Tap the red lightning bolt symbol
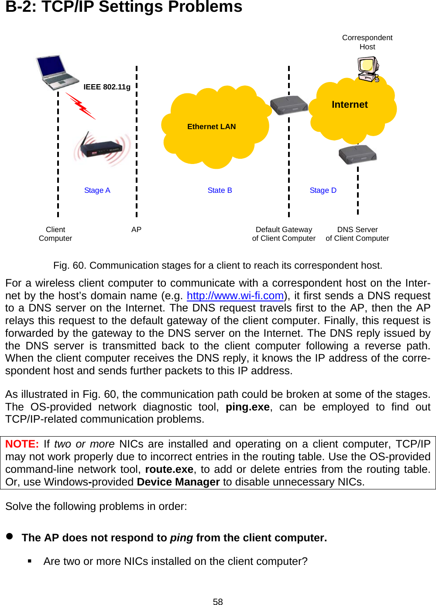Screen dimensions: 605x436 (x=80, y=106)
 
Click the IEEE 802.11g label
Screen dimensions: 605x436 (x=107, y=87)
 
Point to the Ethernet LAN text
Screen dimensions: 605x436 (x=211, y=126)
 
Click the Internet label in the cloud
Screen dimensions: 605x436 (x=350, y=105)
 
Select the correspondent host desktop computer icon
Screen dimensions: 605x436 (x=368, y=69)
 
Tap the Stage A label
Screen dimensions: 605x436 (x=97, y=190)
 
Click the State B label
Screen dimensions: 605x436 (x=220, y=190)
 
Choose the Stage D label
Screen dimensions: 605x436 (x=323, y=190)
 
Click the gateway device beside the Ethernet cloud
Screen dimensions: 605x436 (x=288, y=105)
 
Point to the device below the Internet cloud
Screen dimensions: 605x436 (x=357, y=154)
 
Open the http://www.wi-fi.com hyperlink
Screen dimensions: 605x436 (x=235, y=296)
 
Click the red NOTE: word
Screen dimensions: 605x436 (x=22, y=444)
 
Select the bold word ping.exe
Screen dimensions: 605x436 (x=247, y=407)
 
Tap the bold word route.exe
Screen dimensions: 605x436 (x=169, y=469)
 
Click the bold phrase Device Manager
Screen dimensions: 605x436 (x=178, y=482)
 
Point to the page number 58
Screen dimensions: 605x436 (x=218, y=602)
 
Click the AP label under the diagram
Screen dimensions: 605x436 (x=136, y=229)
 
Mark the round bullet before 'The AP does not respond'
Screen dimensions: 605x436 (x=10, y=537)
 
